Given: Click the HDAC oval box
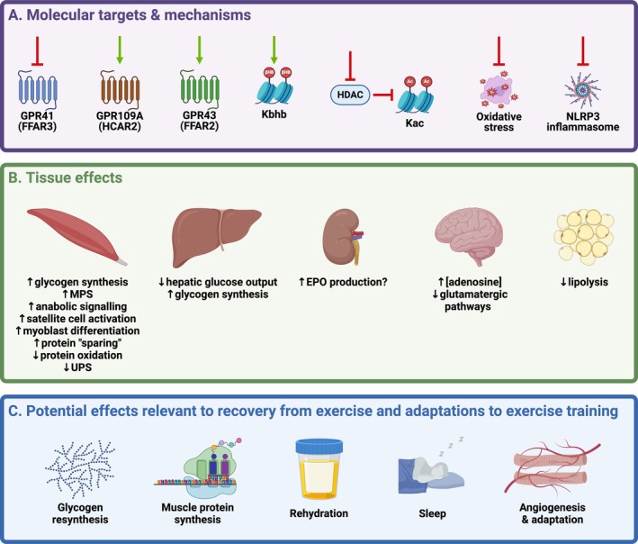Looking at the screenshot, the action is pos(350,95).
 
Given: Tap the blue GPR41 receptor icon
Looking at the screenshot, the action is pos(38,89).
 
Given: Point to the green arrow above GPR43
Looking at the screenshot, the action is pos(199,50).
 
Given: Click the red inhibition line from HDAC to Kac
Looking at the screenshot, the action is pos(382,95).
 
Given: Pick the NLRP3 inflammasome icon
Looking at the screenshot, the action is pos(583,90).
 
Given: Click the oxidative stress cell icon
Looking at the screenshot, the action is pos(499,89).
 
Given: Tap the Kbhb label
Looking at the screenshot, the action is pos(274,114).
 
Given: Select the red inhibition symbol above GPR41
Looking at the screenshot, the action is pos(38,51).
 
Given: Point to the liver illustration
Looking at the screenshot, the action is pos(217,238).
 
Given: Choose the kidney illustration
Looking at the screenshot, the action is pos(343,237).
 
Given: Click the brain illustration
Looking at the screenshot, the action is pos(469,236).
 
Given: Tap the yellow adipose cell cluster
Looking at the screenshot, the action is pos(584,237).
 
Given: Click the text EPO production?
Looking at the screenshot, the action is pos(346,282).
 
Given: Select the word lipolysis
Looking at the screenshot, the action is pos(588,282).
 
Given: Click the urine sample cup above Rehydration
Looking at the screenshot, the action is pos(319,468).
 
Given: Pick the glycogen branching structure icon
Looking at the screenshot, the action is pos(80,469).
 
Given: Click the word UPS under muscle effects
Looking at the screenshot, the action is pos(81,367).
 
